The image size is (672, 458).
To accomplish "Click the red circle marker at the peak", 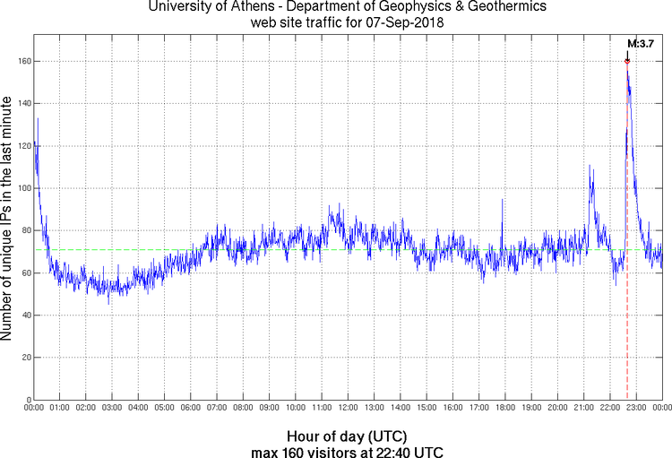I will click(627, 61).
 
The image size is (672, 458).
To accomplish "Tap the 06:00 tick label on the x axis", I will click(191, 409).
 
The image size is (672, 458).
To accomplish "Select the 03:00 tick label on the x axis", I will click(112, 409).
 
